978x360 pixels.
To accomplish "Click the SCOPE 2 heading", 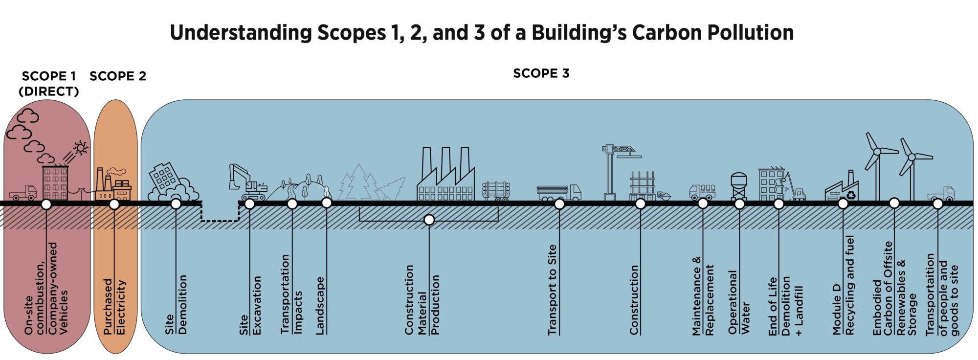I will pos(118,76).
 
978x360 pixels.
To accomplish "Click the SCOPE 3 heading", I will pos(541,73).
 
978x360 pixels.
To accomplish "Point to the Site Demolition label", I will pos(176,304).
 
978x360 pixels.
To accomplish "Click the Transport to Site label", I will pos(552,290).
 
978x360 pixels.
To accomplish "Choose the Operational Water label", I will pos(738,302).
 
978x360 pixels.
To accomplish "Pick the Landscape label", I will pos(320,306).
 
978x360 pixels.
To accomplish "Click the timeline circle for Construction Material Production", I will pos(429,220).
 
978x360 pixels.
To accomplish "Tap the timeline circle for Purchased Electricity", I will pos(114,204).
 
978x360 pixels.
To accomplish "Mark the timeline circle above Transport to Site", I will pos(559,204).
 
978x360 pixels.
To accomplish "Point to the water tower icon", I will pos(738,186).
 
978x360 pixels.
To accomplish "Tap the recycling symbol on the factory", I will pos(851,195).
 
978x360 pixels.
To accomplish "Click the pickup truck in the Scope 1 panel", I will pos(23,193).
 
